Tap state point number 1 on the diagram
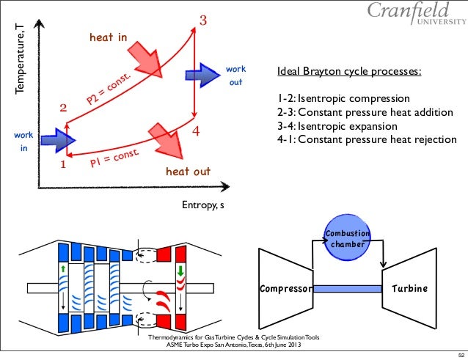pos(62,165)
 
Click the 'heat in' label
pos(108,37)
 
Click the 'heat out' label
pos(188,172)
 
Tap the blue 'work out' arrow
pos(197,74)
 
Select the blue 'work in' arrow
pos(53,139)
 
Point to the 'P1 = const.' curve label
pos(115,156)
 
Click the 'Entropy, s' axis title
pos(203,205)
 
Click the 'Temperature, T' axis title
pos(21,59)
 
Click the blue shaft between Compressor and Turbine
pos(347,289)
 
